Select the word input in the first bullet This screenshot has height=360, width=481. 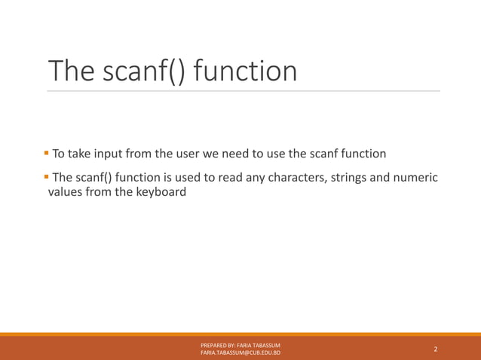coord(112,154)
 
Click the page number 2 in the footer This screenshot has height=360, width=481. coord(435,349)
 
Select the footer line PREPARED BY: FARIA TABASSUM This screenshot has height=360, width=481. coord(240,345)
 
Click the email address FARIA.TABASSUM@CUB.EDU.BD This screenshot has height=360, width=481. coord(240,352)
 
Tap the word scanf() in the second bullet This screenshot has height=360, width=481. coord(97,178)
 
